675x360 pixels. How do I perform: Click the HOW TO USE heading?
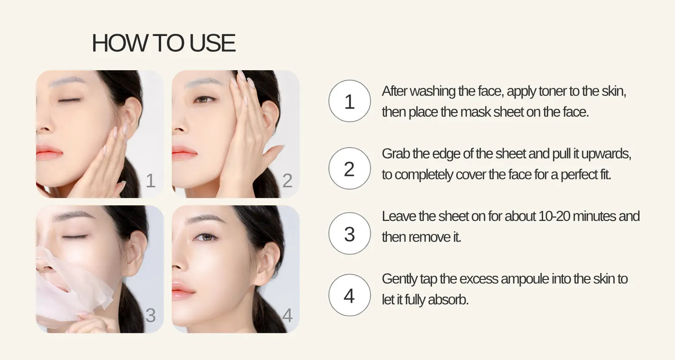(164, 43)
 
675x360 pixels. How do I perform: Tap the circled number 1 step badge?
(350, 101)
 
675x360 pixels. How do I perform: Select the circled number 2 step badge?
(350, 169)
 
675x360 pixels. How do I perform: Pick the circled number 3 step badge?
(350, 234)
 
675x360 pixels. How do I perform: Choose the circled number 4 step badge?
(350, 295)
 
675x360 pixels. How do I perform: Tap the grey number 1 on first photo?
(150, 181)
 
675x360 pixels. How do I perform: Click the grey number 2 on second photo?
(287, 181)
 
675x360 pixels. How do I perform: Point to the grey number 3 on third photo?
(150, 315)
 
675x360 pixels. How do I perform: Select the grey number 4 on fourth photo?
(287, 315)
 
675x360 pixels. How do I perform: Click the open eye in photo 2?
(205, 99)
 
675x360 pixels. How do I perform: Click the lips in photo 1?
(49, 152)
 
